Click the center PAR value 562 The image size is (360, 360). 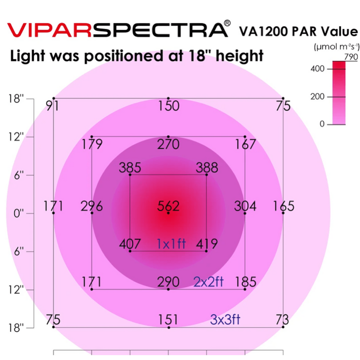[168, 206]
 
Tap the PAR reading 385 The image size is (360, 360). [130, 168]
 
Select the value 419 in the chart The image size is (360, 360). [207, 244]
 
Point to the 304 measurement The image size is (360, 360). [245, 206]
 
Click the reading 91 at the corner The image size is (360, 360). [52, 105]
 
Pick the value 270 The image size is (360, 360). [168, 144]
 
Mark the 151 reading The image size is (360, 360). [168, 320]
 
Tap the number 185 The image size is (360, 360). [245, 282]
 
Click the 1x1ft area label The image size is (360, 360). [171, 244]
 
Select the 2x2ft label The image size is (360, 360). [208, 282]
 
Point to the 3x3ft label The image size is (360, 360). [225, 320]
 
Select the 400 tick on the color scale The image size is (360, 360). [317, 69]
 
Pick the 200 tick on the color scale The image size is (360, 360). [317, 97]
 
